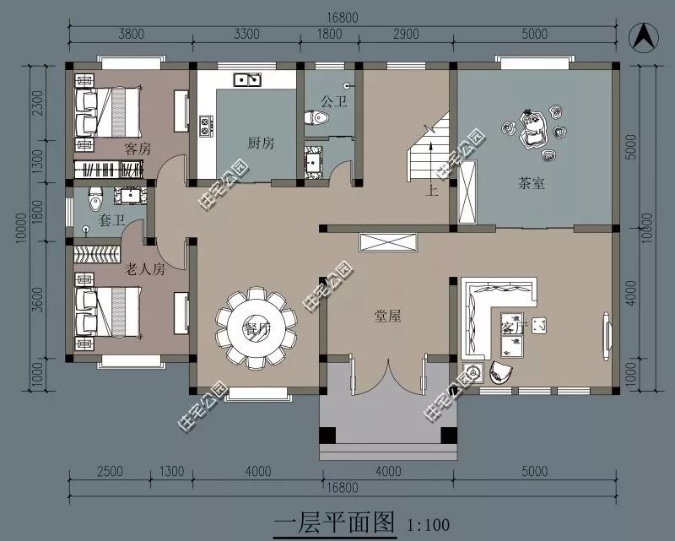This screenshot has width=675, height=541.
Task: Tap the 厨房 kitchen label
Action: [261, 143]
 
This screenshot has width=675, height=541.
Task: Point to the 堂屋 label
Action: [387, 316]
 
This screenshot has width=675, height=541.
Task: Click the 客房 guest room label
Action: [137, 149]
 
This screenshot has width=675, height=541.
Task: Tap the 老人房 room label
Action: [144, 270]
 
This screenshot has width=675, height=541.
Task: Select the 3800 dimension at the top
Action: [130, 35]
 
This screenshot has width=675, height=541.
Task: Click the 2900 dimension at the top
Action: [406, 35]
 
